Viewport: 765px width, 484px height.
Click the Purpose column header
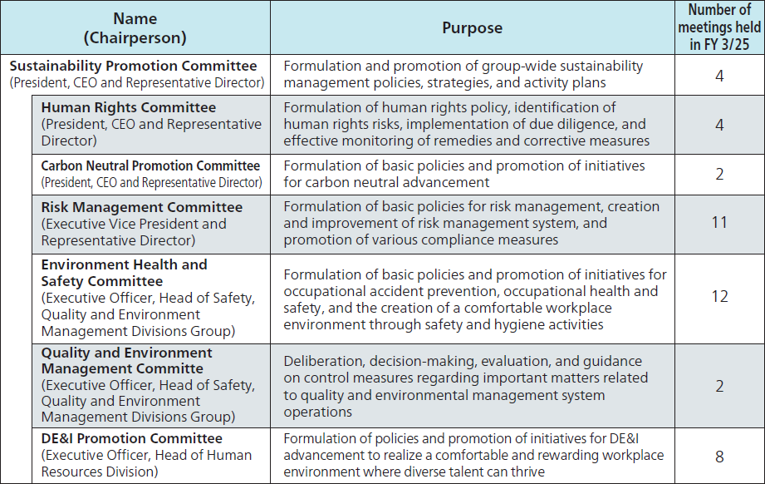tap(472, 27)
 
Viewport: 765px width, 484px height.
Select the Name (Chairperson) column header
tap(135, 27)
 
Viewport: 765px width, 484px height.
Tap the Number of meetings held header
tap(719, 27)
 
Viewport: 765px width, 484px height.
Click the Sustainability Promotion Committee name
tap(134, 66)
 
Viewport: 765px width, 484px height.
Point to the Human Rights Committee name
tap(129, 107)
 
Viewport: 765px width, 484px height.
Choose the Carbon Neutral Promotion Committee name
tap(150, 165)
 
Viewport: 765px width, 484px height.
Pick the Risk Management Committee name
tap(142, 207)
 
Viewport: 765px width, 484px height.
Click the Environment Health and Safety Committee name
tap(125, 273)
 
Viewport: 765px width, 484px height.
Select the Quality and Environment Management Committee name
tap(127, 360)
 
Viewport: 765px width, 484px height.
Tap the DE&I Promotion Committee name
tap(132, 438)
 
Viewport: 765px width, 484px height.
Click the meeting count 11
tap(719, 222)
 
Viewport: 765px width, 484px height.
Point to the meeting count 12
tap(719, 297)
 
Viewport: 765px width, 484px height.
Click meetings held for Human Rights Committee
tap(719, 125)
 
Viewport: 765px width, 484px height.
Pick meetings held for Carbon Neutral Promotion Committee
tap(719, 174)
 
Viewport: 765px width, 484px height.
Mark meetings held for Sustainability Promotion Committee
tap(719, 76)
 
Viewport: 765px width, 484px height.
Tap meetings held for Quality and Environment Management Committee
tap(719, 386)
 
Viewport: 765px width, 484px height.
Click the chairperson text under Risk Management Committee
tap(134, 232)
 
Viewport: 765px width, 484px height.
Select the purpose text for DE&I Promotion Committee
tap(473, 455)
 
